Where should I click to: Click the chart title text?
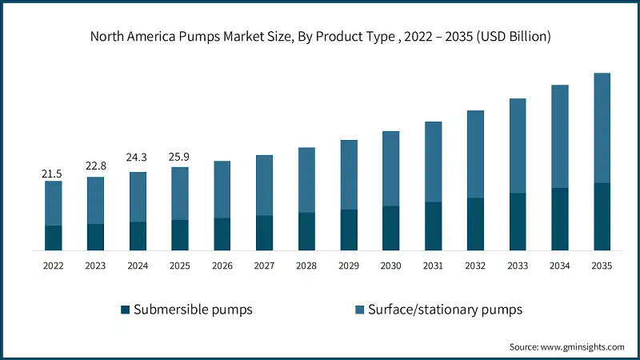tap(320, 37)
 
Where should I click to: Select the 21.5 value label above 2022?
tap(54, 173)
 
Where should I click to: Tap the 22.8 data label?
tap(95, 166)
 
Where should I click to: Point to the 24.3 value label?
tap(138, 158)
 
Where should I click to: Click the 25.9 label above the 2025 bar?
tap(180, 153)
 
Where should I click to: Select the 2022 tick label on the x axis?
tap(54, 266)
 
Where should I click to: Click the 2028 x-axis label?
tap(306, 266)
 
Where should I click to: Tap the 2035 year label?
tap(602, 266)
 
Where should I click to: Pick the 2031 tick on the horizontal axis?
tap(433, 266)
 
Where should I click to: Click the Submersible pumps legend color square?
tap(124, 310)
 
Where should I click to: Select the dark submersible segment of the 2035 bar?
tap(602, 216)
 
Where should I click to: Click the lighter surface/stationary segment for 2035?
tap(602, 128)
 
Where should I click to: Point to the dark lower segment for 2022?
tap(54, 238)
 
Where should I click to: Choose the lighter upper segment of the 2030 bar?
tap(390, 168)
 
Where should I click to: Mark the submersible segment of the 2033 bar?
tap(518, 222)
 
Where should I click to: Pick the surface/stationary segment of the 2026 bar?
tap(222, 189)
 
